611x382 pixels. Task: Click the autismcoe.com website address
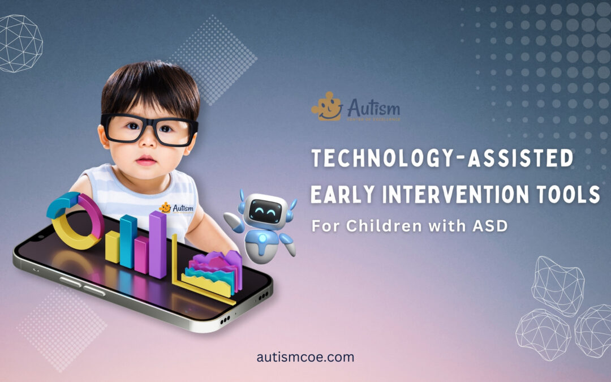pyautogui.click(x=305, y=357)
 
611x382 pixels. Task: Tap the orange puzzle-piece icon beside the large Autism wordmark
pyautogui.click(x=327, y=107)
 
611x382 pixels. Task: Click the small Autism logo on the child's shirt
pyautogui.click(x=177, y=208)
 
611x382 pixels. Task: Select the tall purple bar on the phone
pyautogui.click(x=158, y=243)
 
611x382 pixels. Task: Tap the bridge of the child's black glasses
pyautogui.click(x=148, y=126)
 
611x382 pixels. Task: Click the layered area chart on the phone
pyautogui.click(x=212, y=272)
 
